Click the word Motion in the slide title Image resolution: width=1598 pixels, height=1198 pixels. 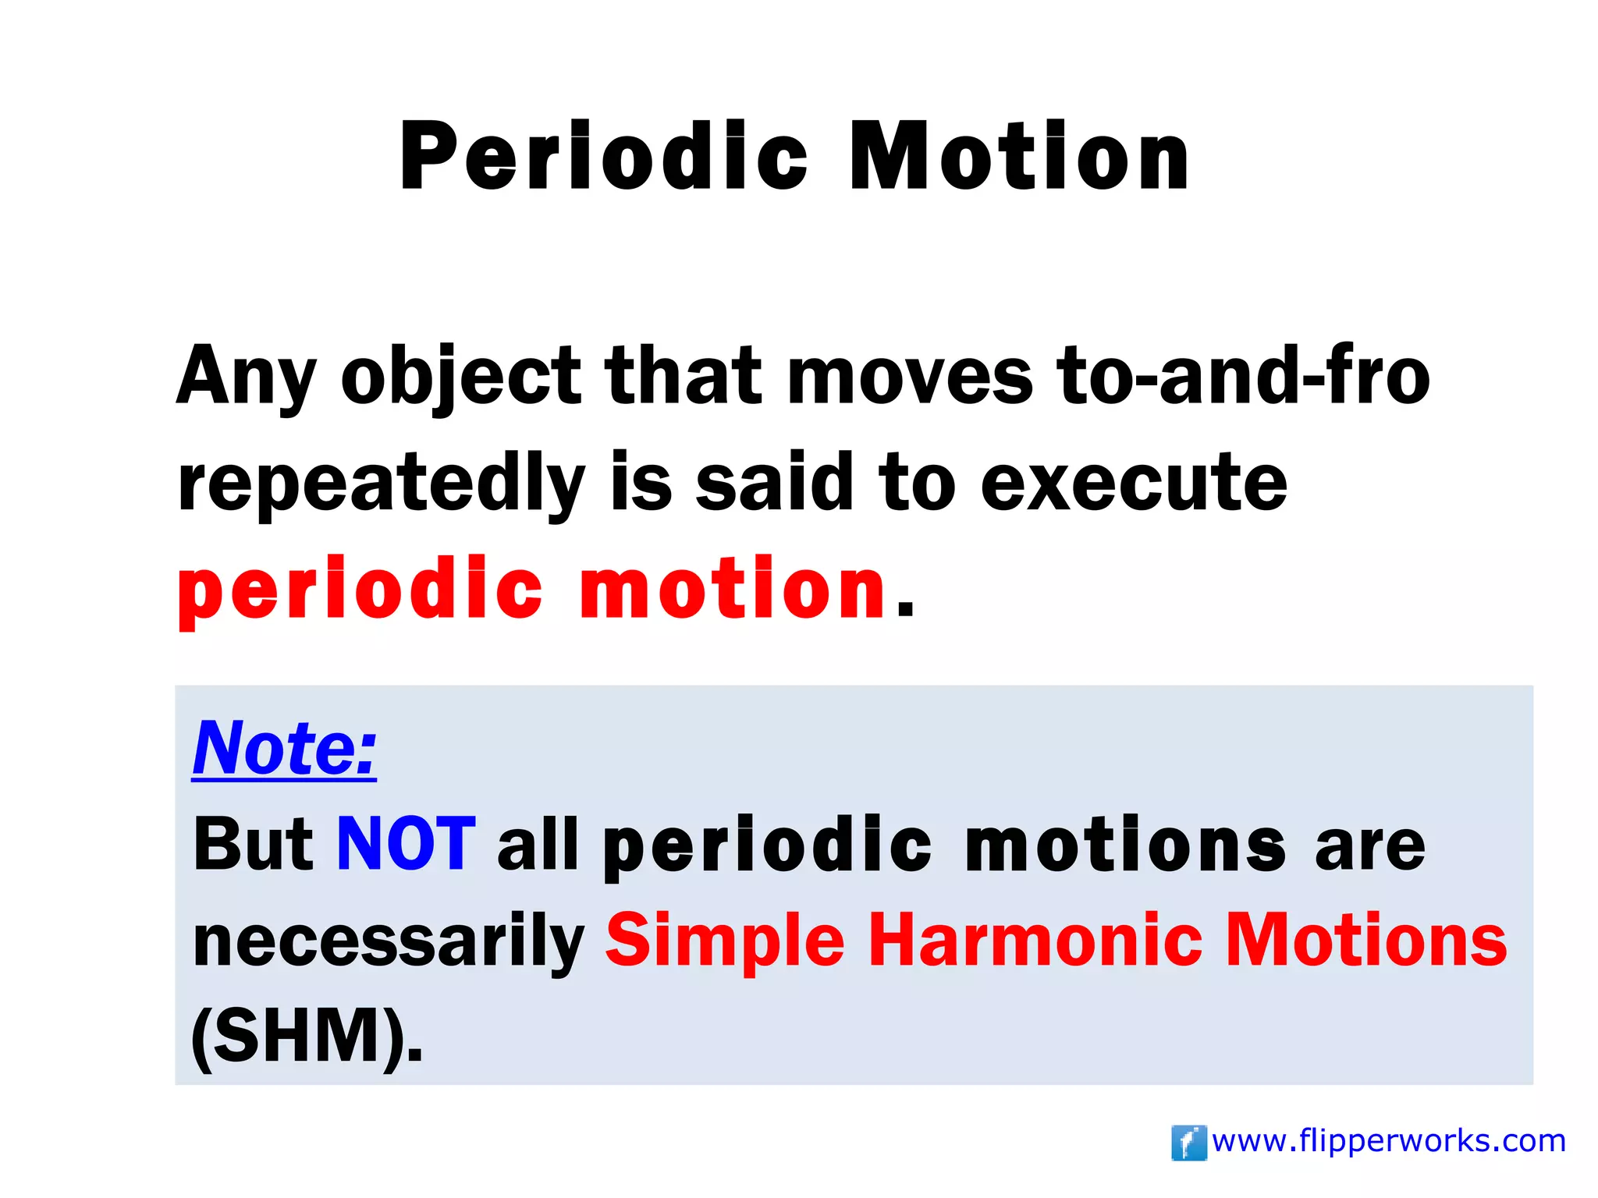click(1019, 156)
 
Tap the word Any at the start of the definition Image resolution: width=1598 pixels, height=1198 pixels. click(246, 377)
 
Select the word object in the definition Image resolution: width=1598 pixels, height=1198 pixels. click(460, 377)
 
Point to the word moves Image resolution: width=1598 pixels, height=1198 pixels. click(910, 377)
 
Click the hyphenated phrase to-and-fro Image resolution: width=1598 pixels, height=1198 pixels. click(1243, 377)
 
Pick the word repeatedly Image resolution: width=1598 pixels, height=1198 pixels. click(380, 484)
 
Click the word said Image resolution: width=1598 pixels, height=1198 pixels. click(774, 484)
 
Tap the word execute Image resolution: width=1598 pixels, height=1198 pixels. click(1133, 484)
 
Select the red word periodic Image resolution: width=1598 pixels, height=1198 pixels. click(359, 590)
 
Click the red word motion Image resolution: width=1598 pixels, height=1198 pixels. click(732, 590)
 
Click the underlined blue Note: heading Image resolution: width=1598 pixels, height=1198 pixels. click(284, 748)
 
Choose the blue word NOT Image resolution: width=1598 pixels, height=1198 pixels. click(406, 844)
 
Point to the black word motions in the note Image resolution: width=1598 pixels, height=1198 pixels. click(1124, 845)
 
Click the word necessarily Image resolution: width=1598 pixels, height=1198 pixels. click(388, 942)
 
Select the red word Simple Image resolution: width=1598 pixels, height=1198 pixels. click(725, 942)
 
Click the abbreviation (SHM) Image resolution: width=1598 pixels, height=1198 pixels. click(307, 1037)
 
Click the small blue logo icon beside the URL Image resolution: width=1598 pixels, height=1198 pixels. click(1188, 1143)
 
